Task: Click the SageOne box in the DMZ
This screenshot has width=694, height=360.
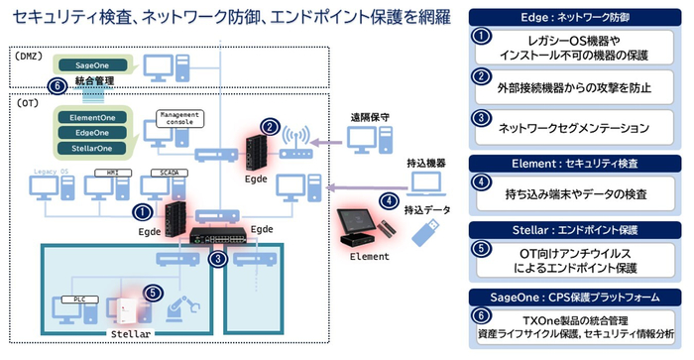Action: tap(90, 64)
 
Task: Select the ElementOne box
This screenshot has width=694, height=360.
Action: tap(97, 115)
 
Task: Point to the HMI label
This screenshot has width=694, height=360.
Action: tap(104, 173)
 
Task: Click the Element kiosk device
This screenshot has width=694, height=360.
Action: tap(357, 230)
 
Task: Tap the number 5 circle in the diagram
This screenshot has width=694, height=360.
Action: tap(152, 293)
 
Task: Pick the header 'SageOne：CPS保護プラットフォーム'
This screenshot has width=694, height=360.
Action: tap(578, 297)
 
